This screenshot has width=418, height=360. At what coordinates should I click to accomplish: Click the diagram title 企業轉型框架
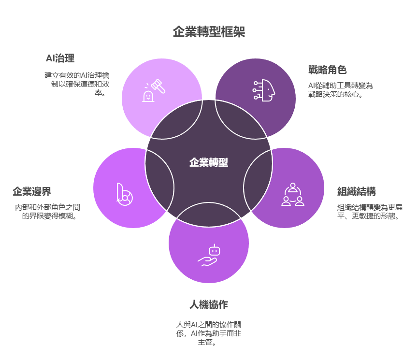pos(209,32)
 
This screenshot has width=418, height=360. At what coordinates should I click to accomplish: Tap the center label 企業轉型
pos(209,162)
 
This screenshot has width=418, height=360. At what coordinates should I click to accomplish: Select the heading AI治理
pos(60,59)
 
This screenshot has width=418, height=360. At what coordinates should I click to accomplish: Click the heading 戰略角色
pos(328,70)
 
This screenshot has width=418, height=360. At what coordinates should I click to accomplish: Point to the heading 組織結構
pos(357,191)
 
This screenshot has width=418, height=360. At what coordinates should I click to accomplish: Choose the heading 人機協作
pos(209,305)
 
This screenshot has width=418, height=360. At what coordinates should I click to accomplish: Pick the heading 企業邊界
pos(32,191)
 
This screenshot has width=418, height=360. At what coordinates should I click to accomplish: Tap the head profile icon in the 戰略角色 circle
pos(264,90)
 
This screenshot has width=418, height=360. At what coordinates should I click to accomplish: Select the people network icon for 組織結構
pos(292,194)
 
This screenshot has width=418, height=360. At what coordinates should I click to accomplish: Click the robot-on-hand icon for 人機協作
pos(209,256)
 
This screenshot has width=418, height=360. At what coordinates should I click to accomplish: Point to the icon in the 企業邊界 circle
pos(124,194)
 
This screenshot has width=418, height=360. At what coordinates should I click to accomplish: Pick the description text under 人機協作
pos(208,333)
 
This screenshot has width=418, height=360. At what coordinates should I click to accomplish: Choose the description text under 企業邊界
pos(47,212)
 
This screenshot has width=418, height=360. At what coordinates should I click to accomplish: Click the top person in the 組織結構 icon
pos(292,187)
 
